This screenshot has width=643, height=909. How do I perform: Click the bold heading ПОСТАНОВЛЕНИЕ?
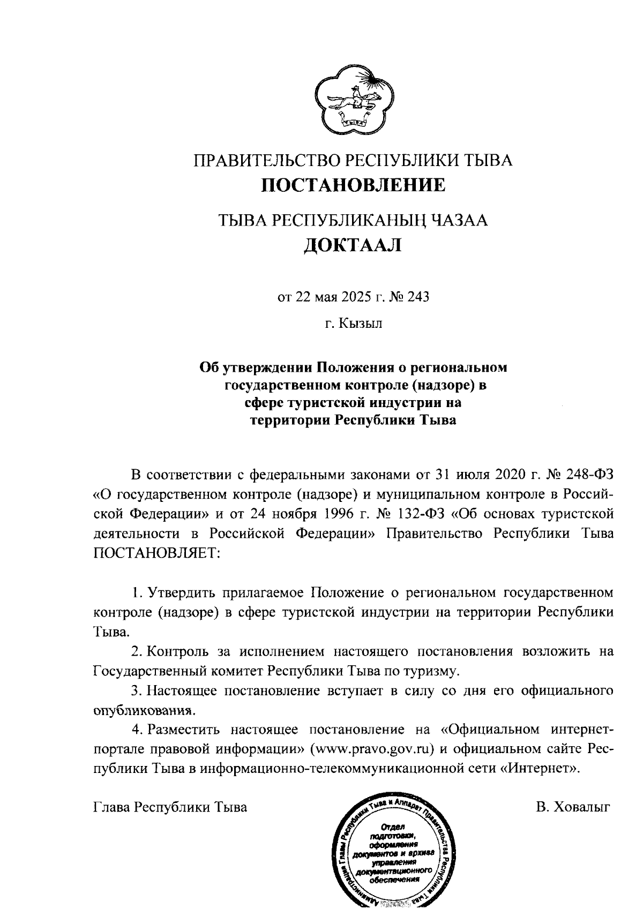pos(353,185)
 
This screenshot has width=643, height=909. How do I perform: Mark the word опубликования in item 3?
pos(143,711)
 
